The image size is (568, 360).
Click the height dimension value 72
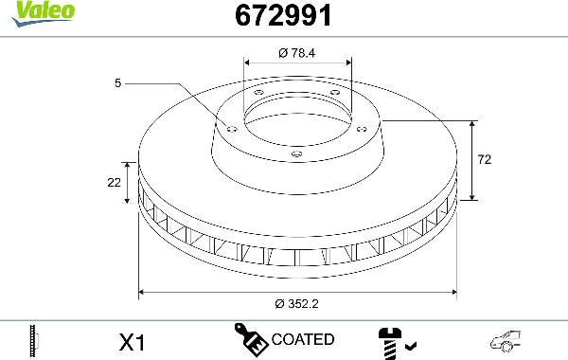tap(485, 161)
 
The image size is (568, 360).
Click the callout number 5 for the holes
tap(117, 84)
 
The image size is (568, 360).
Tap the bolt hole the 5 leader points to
tap(230, 125)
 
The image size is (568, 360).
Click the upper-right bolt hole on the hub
tap(334, 92)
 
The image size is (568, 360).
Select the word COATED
tap(302, 339)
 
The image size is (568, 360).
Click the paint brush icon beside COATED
tap(251, 338)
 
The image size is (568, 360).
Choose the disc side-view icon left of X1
tap(34, 339)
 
